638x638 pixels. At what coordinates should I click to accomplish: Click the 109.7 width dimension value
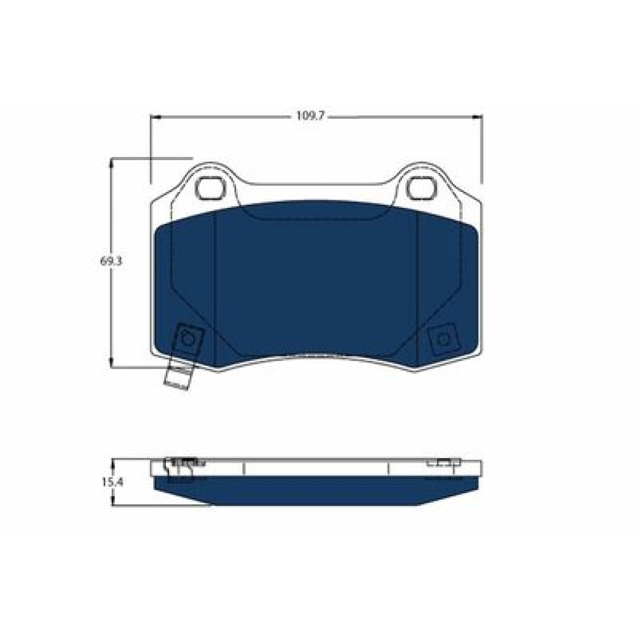coord(309,116)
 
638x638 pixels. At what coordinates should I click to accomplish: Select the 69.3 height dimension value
coord(111,261)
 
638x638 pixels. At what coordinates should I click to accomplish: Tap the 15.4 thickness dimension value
coord(112,482)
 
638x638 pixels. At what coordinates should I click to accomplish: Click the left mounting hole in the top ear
coord(211,188)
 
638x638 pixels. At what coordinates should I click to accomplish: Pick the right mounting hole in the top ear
coord(422,188)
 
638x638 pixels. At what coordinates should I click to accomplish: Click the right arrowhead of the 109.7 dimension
coord(477,117)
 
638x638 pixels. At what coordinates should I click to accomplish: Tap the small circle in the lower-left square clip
coord(188,339)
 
